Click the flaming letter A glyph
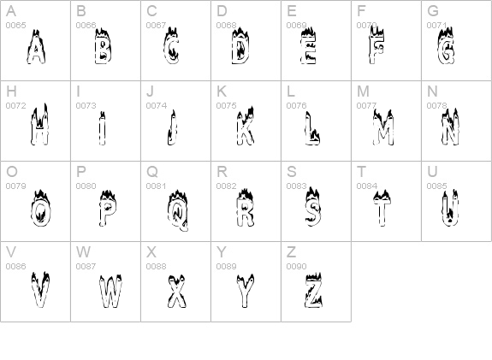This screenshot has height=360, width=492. pyautogui.click(x=36, y=47)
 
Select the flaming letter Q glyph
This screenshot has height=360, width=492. pyautogui.click(x=178, y=210)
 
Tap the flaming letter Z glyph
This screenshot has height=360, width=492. pyautogui.click(x=313, y=291)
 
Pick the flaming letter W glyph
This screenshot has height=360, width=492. pyautogui.click(x=110, y=292)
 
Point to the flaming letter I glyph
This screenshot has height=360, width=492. pyautogui.click(x=102, y=128)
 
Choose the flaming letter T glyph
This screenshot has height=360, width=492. pyautogui.click(x=382, y=208)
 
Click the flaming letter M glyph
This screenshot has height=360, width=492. pyautogui.click(x=383, y=127)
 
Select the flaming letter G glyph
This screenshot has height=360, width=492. pyautogui.click(x=446, y=46)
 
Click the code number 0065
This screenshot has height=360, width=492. pyautogui.click(x=15, y=26)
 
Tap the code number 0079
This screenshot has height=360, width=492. pyautogui.click(x=15, y=186)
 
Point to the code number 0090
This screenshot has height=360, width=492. pyautogui.click(x=296, y=267)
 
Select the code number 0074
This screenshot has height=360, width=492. pyautogui.click(x=157, y=106)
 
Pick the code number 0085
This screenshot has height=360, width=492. pyautogui.click(x=436, y=186)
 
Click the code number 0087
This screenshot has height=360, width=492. pyautogui.click(x=86, y=267)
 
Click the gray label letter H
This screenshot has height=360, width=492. pyautogui.click(x=11, y=91)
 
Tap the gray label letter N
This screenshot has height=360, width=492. pyautogui.click(x=432, y=91)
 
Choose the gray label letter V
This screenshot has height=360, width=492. pyautogui.click(x=11, y=252)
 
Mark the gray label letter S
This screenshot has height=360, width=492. pyautogui.click(x=292, y=172)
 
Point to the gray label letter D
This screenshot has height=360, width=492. pyautogui.click(x=222, y=11)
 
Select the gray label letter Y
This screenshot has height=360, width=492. pyautogui.click(x=222, y=252)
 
